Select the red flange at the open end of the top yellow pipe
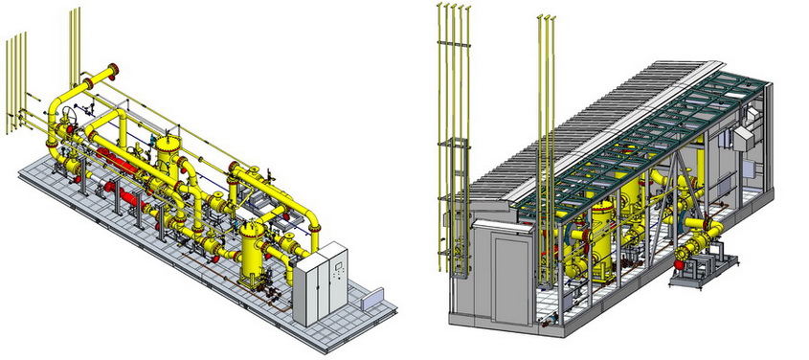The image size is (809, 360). pos(115,69)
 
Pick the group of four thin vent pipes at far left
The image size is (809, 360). pos(13,81)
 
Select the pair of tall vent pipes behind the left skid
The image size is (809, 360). pos(73,53)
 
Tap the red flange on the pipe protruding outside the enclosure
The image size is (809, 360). pos(682,253)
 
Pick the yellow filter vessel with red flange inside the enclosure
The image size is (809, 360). pos(601,239)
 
